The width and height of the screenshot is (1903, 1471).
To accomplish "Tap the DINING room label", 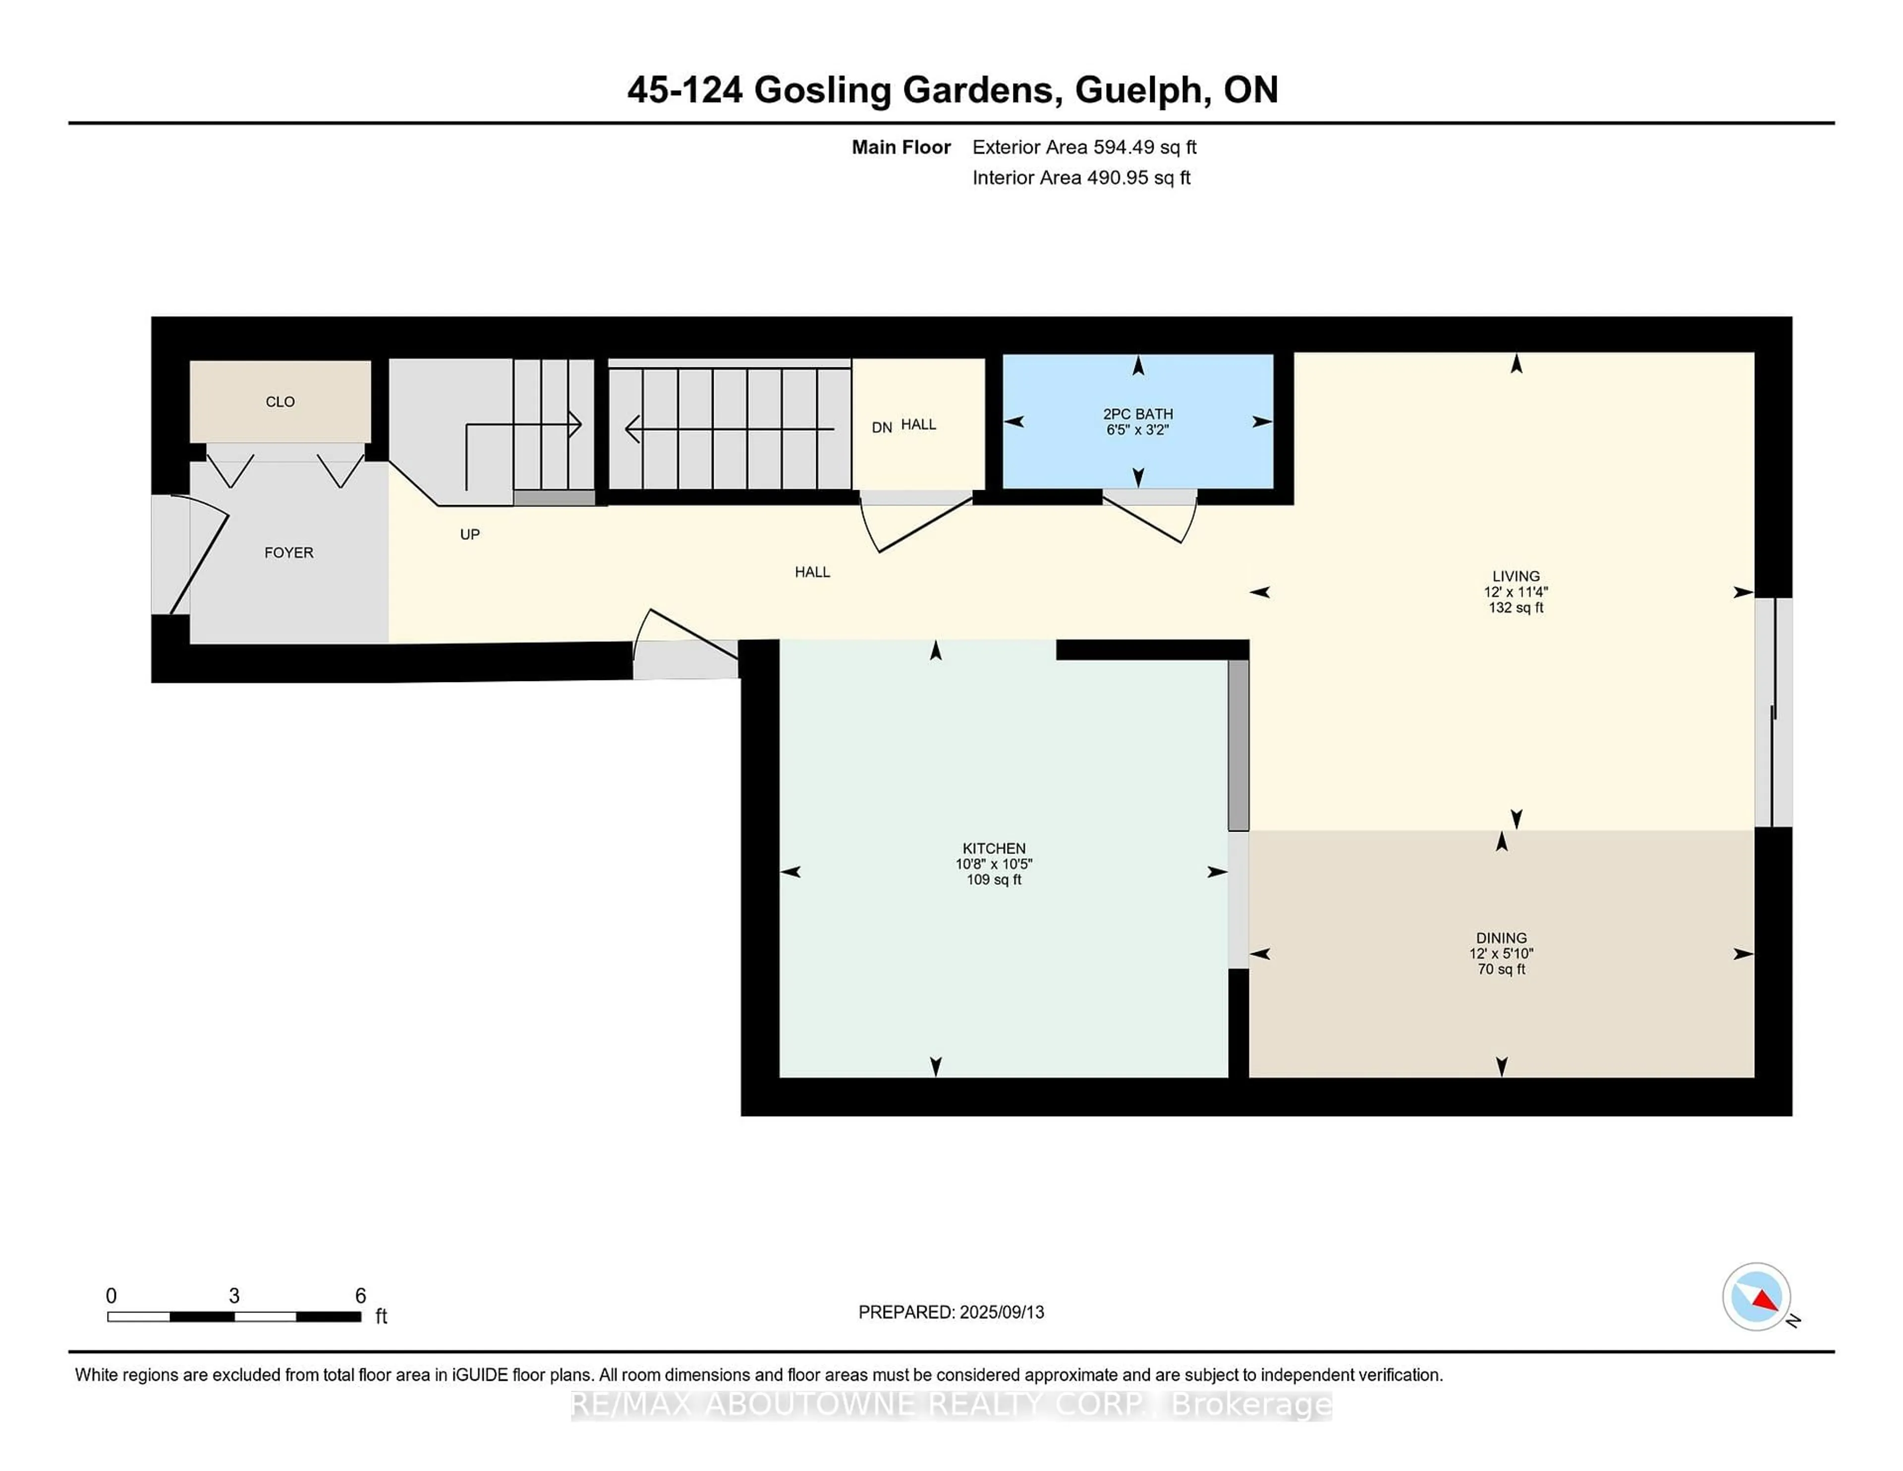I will [x=1501, y=939].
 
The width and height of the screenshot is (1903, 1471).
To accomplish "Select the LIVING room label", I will [x=1516, y=576].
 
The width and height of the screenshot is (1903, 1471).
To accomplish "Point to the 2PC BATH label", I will [x=1138, y=414].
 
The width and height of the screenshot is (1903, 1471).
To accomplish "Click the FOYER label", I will [x=288, y=553].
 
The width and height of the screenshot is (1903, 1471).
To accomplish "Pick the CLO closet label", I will [x=280, y=402].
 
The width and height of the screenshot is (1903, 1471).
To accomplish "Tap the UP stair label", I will [x=470, y=534].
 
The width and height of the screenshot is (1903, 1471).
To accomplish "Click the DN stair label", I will [x=882, y=427].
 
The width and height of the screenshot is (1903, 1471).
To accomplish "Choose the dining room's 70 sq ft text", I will [x=1501, y=969].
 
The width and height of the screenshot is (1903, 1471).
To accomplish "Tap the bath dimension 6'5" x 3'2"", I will [x=1137, y=430].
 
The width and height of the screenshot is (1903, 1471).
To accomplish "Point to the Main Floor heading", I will [x=901, y=147].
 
